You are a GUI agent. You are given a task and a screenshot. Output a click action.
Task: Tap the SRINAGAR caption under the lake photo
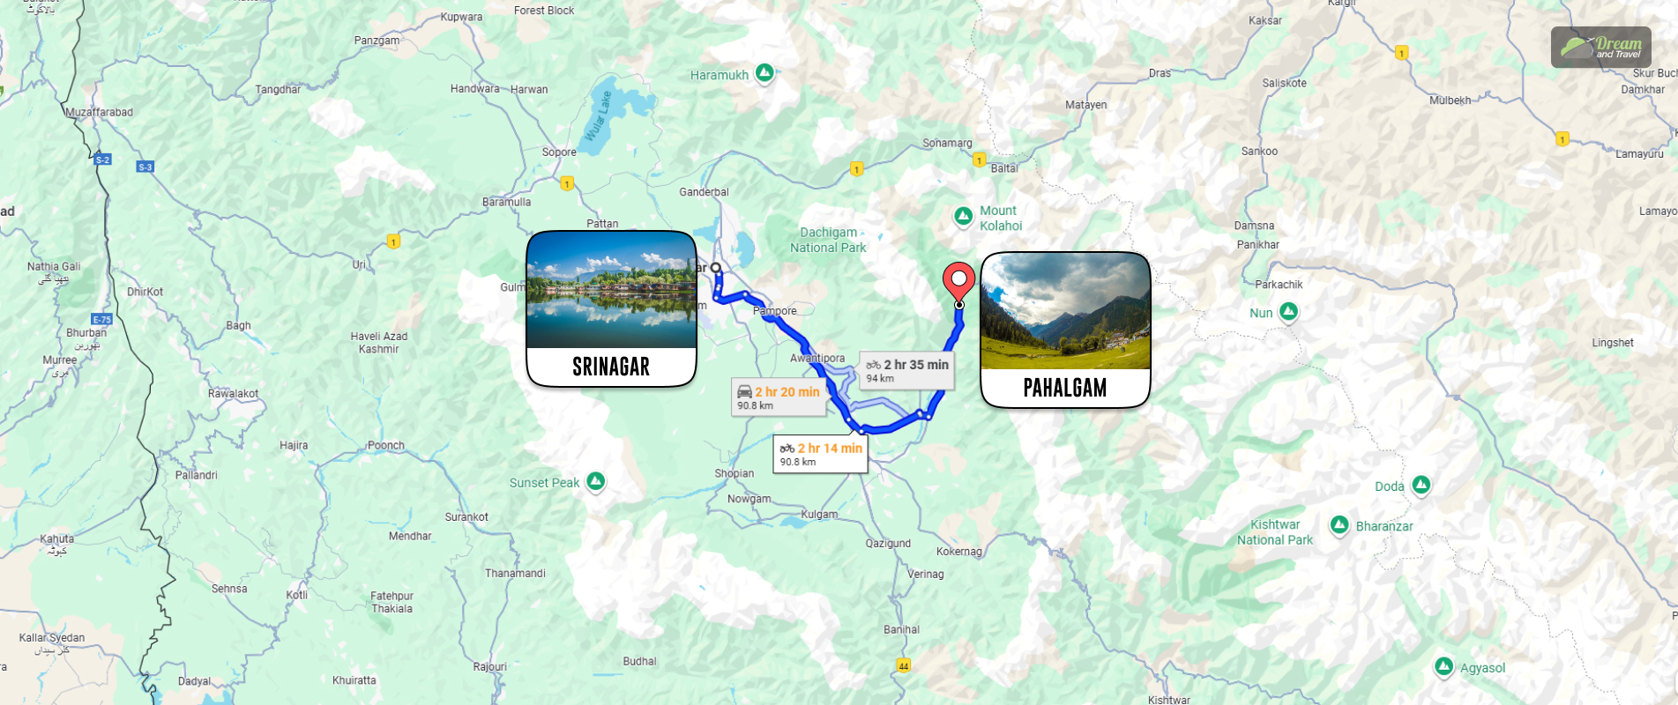click(611, 367)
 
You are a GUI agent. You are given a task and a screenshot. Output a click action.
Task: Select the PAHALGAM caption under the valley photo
click(1065, 388)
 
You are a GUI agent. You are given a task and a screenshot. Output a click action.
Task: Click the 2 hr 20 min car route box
click(779, 397)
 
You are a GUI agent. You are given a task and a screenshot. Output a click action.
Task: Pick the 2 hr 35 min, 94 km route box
click(906, 370)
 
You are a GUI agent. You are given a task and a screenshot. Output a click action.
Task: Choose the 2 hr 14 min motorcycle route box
click(820, 454)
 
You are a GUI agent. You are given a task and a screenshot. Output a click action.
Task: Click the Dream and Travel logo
click(1600, 47)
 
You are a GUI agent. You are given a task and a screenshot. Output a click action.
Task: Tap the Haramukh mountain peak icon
click(765, 73)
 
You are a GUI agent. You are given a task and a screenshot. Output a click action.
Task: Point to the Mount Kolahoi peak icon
click(964, 215)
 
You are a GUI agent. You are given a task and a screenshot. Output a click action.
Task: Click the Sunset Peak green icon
click(596, 481)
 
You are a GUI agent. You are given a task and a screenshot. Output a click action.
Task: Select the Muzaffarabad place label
click(99, 112)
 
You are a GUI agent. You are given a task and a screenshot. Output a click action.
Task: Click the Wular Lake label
click(599, 115)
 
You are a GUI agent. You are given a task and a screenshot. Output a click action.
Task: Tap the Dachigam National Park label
click(828, 240)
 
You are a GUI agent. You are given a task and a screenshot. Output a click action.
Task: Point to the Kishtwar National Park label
click(1274, 532)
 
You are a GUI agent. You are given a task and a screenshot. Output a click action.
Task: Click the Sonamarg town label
click(947, 143)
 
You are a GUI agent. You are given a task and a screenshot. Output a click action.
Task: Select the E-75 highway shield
click(101, 319)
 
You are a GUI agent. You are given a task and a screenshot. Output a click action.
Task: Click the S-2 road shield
click(102, 160)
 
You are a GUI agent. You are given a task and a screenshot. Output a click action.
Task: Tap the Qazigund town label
click(888, 543)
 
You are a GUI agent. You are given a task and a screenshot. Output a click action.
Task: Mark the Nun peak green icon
click(1288, 311)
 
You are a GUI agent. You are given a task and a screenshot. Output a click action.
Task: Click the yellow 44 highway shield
click(903, 665)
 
